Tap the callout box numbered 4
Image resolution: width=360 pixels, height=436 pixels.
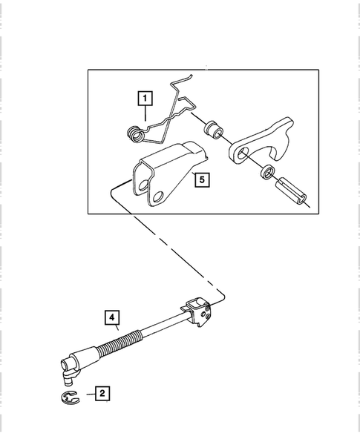pyautogui.click(x=112, y=320)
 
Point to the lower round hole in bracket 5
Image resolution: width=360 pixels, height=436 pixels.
pyautogui.click(x=156, y=196)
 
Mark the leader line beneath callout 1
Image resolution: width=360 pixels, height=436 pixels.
pyautogui.click(x=145, y=112)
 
